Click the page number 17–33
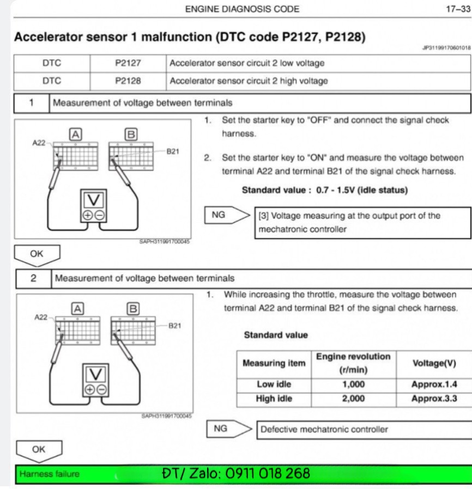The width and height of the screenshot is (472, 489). tap(457, 9)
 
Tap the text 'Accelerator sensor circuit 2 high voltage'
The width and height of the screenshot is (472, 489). tap(249, 81)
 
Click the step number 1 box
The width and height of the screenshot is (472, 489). tap(32, 102)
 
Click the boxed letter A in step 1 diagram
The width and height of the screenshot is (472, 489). tap(76, 133)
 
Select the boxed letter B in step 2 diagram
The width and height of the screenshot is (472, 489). tap(132, 309)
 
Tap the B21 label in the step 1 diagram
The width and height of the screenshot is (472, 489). tap(173, 151)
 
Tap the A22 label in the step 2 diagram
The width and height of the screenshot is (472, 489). tap(41, 317)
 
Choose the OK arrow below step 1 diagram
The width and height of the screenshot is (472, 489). tap(37, 254)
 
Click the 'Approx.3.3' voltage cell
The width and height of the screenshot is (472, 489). tap(434, 399)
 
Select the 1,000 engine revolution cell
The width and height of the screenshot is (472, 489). tap(353, 384)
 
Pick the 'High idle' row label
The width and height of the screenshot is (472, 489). tap(274, 399)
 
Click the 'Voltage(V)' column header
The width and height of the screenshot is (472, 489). tap(434, 363)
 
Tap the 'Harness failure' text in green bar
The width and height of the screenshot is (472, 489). tap(49, 474)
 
